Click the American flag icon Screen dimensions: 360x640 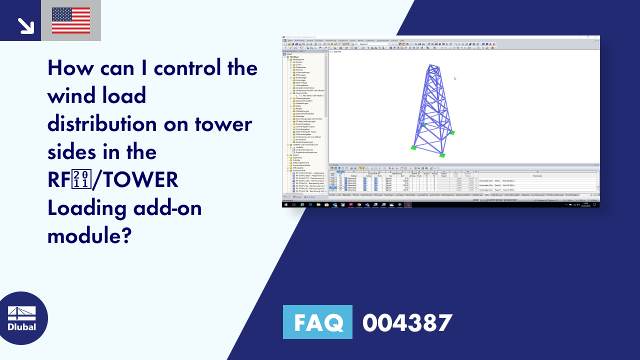[71, 20]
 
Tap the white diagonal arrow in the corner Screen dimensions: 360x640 [25, 25]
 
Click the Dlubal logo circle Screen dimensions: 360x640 [22, 318]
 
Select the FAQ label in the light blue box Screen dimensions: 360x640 [317, 322]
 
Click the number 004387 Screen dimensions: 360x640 [407, 322]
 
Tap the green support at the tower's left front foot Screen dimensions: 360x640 [413, 147]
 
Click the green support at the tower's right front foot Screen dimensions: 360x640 [441, 155]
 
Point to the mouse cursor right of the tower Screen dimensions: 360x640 [454, 78]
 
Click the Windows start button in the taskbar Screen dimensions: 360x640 [285, 204]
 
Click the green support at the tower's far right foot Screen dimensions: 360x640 [452, 132]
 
